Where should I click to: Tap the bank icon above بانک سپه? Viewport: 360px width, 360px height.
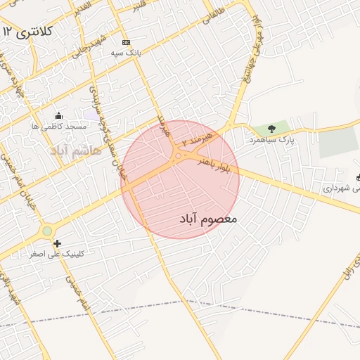point(126,42)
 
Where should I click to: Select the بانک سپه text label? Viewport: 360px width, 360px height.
point(127,53)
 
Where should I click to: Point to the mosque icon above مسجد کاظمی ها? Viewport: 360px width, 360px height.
point(58,115)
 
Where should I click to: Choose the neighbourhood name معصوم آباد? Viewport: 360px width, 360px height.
point(205,219)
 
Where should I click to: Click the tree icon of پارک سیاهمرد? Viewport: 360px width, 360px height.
point(272,129)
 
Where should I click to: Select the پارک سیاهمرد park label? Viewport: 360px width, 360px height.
point(271,140)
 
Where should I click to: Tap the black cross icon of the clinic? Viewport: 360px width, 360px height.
point(57,243)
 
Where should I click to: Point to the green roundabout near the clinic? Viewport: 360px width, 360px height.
point(47,231)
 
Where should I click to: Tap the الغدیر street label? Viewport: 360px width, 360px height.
point(82,8)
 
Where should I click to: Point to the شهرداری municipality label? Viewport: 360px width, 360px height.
point(342,188)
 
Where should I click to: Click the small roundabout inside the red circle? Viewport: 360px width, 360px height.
point(179,156)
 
